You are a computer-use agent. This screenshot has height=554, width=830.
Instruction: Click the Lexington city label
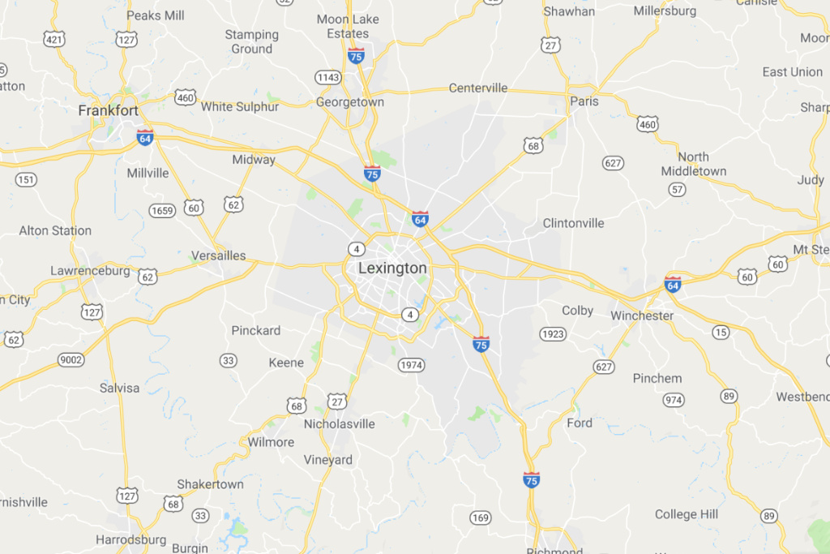tap(392, 268)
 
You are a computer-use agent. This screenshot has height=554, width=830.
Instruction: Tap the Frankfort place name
tap(108, 110)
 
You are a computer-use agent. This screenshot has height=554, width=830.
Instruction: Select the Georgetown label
tap(350, 103)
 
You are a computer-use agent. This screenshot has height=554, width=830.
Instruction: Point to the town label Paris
tap(584, 101)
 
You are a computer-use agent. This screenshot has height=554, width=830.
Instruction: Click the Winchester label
tap(642, 316)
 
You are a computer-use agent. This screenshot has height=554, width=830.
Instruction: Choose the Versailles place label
tap(218, 256)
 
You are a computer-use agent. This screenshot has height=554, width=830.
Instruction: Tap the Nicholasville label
tap(340, 423)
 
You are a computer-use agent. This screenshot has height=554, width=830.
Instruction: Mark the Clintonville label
tap(573, 223)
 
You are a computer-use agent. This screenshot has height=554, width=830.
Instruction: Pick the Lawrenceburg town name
tap(90, 271)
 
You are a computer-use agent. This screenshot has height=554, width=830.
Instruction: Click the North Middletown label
tap(693, 164)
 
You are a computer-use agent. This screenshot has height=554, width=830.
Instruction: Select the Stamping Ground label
tap(251, 41)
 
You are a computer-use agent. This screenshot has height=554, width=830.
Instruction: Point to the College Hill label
tap(687, 514)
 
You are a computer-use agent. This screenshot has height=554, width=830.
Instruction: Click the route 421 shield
tap(54, 39)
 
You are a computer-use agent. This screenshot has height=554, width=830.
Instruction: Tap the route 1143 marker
tap(327, 77)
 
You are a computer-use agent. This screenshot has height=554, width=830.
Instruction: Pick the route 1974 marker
tap(411, 366)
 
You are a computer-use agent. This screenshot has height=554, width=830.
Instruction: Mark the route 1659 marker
tap(161, 211)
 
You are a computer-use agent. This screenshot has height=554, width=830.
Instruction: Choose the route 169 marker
tap(480, 517)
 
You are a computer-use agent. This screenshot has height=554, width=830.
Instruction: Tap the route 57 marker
tap(677, 190)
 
